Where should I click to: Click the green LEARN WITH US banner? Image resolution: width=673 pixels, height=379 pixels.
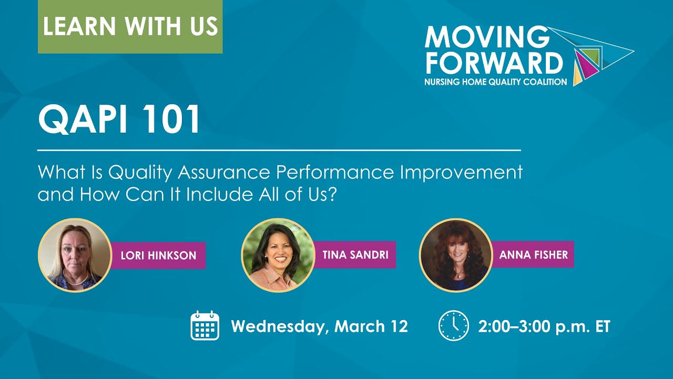(130, 27)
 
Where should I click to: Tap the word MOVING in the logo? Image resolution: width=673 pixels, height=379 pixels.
(486, 37)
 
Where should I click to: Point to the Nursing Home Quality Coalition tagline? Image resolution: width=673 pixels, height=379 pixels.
(496, 82)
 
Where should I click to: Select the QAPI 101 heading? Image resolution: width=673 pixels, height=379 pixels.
(119, 119)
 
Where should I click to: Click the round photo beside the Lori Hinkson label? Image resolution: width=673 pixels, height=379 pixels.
(75, 255)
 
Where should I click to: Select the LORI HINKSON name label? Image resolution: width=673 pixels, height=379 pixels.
(158, 256)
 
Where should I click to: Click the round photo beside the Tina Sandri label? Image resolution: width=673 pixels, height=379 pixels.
(278, 255)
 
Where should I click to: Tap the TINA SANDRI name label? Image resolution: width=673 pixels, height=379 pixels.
(355, 255)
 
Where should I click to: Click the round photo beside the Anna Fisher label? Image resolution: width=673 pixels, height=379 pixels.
(455, 255)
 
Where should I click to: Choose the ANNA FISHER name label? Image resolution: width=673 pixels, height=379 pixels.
(533, 255)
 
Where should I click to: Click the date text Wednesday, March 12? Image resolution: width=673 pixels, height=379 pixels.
(319, 326)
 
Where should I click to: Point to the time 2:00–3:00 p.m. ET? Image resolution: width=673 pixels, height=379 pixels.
(544, 326)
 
